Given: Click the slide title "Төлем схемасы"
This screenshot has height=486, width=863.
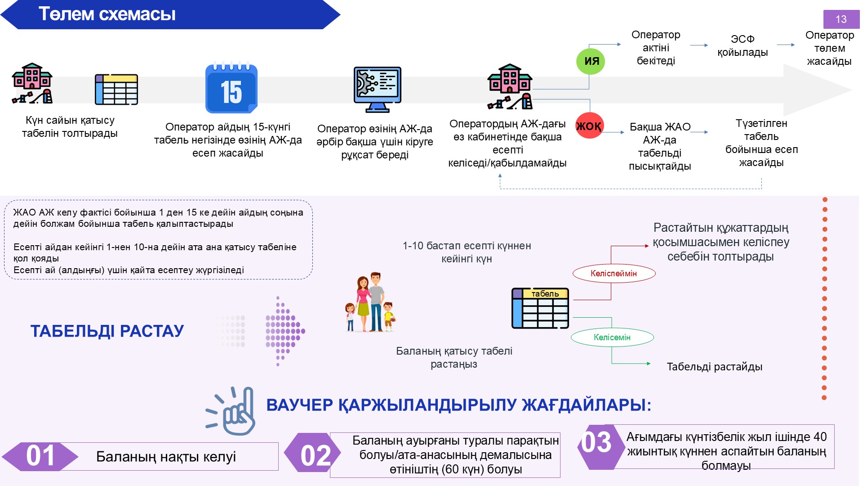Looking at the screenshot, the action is tap(107, 14).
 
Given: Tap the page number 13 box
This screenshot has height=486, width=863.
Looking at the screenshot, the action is tap(841, 19).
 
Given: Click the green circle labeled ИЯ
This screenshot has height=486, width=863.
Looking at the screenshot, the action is tap(591, 61).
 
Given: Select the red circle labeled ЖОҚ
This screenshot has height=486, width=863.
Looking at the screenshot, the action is tap(589, 126).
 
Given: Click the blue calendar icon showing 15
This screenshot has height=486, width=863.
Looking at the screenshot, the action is tap(231, 88).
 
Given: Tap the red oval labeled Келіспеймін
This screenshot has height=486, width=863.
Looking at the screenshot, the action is tap(614, 273).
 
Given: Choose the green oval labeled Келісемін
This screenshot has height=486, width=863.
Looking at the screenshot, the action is tap(612, 337).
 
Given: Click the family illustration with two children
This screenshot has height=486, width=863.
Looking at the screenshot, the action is tap(370, 302).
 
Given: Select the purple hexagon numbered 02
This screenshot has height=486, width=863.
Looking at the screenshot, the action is tap(313, 455).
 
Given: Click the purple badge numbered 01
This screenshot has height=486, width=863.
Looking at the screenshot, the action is tap(40, 456).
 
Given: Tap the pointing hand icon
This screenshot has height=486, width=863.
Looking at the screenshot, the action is tap(231, 410).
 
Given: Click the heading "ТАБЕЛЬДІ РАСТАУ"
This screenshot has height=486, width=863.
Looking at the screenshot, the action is tap(107, 331).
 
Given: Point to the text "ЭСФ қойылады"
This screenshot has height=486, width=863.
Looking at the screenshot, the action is tap(743, 45).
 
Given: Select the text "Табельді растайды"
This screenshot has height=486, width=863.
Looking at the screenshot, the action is tap(714, 367).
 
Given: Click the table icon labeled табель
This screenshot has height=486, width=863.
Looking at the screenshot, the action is tap(540, 308).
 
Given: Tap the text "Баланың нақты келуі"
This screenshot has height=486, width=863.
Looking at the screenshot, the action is tap(166, 457).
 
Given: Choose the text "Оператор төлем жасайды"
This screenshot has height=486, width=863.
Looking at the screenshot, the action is tap(829, 48).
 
